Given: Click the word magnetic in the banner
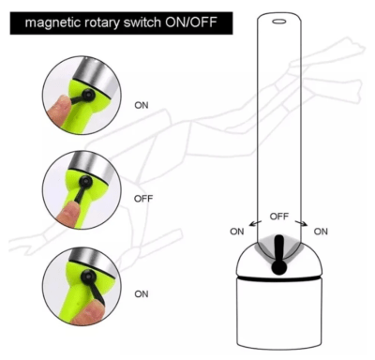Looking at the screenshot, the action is (51, 23).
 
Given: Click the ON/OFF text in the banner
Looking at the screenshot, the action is (191, 22).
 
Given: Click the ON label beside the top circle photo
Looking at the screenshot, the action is (142, 105).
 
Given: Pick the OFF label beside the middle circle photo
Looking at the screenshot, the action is (143, 199).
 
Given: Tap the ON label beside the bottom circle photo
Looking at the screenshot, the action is (142, 294).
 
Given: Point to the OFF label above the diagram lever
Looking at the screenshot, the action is (279, 217).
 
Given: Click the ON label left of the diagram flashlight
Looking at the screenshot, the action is (237, 232).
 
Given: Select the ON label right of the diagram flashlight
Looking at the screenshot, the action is (321, 232).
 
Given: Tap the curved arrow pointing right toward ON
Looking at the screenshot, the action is (302, 222).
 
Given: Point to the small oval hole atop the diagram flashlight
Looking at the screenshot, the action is (279, 22).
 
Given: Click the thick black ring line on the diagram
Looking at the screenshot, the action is (279, 277).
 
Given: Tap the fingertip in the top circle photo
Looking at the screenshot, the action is (59, 107).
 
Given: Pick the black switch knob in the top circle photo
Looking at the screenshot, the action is (87, 95).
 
